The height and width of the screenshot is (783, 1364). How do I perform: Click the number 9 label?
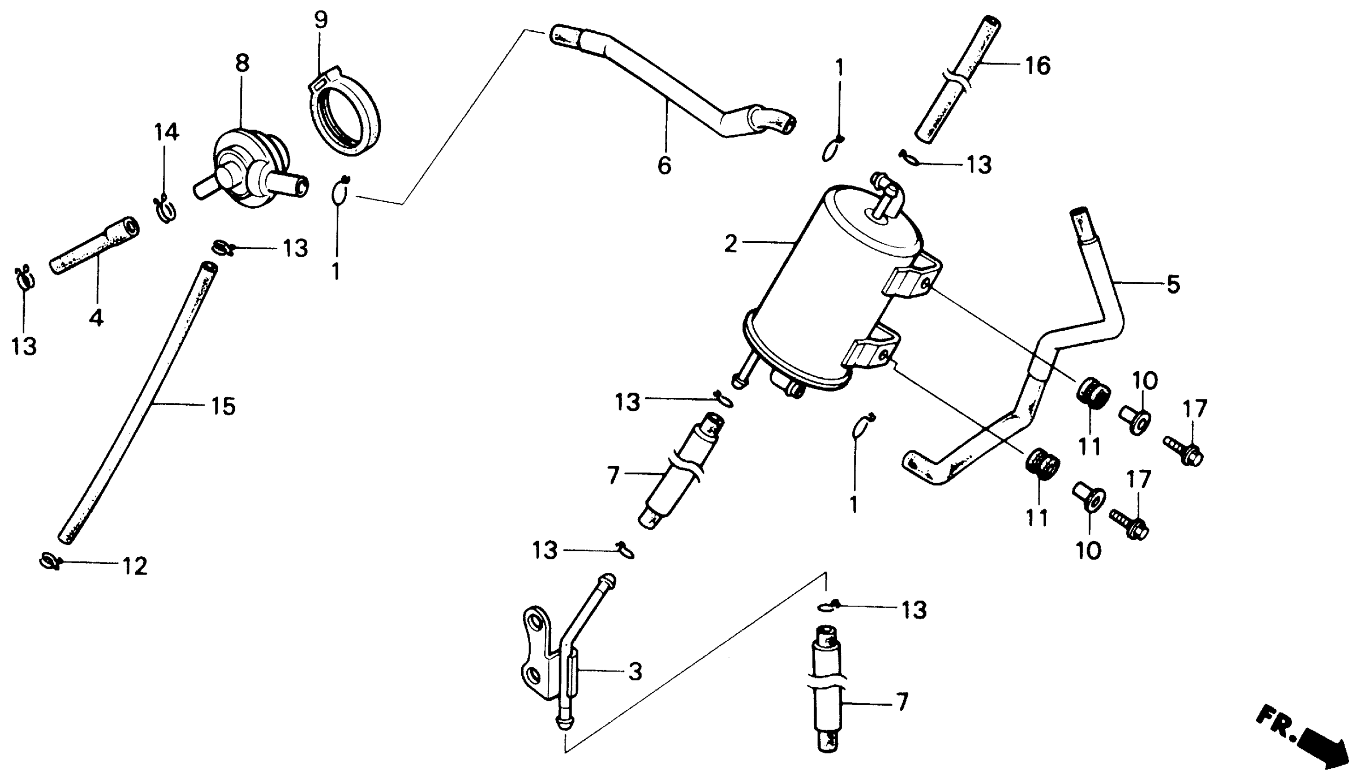point(321,20)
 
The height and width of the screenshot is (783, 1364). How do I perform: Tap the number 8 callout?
point(243,64)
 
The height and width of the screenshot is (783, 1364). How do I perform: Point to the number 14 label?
point(166,132)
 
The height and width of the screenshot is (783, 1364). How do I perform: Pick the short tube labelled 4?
point(94,245)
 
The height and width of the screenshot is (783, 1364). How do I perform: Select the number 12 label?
point(135,566)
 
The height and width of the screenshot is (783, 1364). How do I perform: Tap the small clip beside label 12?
point(49,561)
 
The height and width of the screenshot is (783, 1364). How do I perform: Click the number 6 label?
point(665,165)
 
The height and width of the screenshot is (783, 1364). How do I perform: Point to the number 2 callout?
point(730,244)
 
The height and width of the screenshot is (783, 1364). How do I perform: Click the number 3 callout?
point(635,672)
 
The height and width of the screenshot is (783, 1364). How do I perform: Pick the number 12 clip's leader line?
point(91,563)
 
